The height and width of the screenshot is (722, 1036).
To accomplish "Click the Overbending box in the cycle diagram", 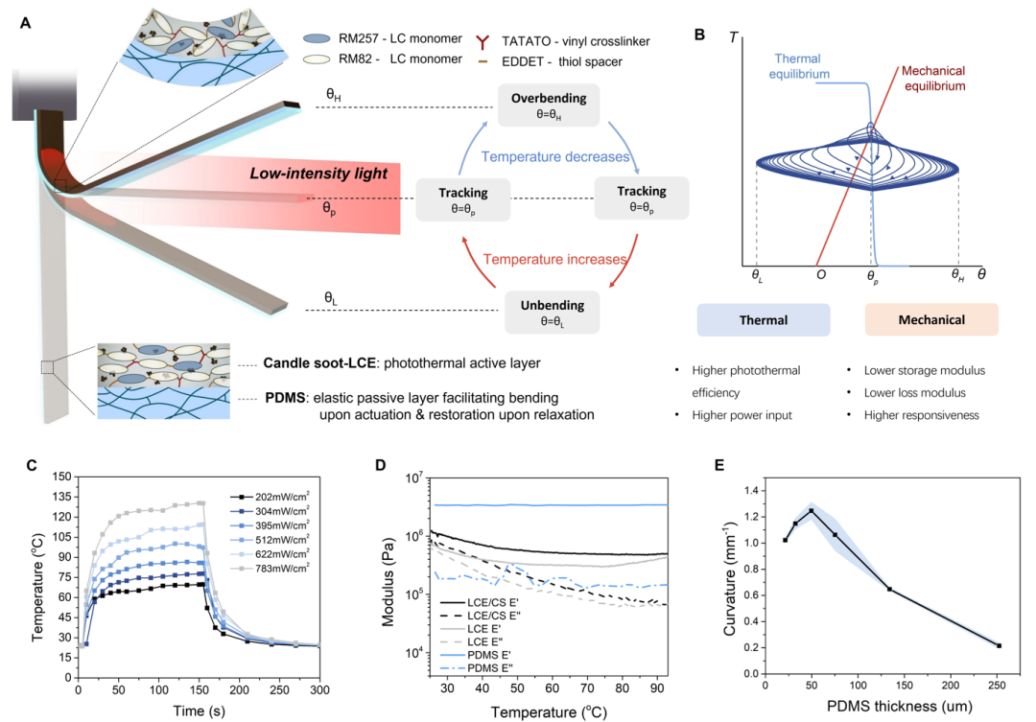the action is coord(549,105).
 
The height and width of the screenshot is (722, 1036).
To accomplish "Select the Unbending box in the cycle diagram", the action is coord(552,313).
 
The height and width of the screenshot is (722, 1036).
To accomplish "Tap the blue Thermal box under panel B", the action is coord(764,319).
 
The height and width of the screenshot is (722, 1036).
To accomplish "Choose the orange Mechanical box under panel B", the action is coord(931,319).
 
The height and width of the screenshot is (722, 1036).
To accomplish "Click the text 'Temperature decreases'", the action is coord(555,156).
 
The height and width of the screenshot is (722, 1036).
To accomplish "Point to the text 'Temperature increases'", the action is coord(554,259).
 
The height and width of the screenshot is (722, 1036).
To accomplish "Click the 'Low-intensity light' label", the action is coord(318,174).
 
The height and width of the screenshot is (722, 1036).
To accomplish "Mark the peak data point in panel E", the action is coord(811,511).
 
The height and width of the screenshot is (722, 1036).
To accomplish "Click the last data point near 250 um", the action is coord(999,645).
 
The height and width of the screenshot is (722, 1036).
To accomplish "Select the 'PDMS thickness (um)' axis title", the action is coord(899,706).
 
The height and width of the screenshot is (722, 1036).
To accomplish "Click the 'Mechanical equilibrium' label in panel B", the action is coord(933,78).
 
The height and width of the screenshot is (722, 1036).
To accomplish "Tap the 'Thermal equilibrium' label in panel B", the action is coord(799,66).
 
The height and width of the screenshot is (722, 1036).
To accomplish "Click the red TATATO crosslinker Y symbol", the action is coord(483,42).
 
